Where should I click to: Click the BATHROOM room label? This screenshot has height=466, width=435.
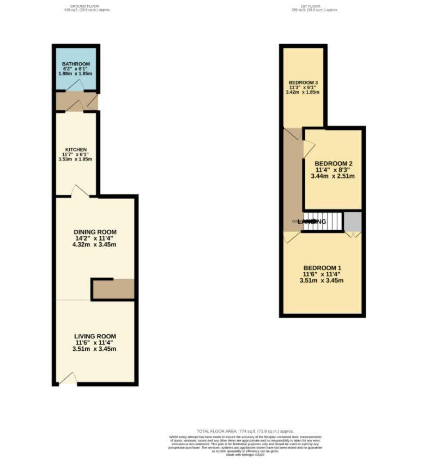(76, 64)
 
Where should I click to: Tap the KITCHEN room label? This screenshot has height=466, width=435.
(76, 150)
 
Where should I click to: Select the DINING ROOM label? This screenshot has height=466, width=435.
(95, 232)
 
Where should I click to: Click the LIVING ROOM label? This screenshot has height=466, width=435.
(95, 336)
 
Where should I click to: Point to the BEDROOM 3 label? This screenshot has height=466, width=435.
(303, 82)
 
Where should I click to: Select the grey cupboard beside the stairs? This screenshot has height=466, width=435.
(353, 222)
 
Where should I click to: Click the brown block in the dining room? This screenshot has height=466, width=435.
(113, 289)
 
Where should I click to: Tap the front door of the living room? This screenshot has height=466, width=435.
(68, 379)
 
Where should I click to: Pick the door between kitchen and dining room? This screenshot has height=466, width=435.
(80, 191)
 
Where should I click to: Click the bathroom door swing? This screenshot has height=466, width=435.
(76, 86)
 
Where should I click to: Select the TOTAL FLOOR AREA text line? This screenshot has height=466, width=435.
(248, 431)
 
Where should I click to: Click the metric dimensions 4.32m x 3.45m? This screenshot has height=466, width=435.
(95, 244)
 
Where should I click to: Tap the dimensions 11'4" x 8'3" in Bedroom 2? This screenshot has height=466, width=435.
(333, 170)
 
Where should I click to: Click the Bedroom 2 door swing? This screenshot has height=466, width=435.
(308, 146)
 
